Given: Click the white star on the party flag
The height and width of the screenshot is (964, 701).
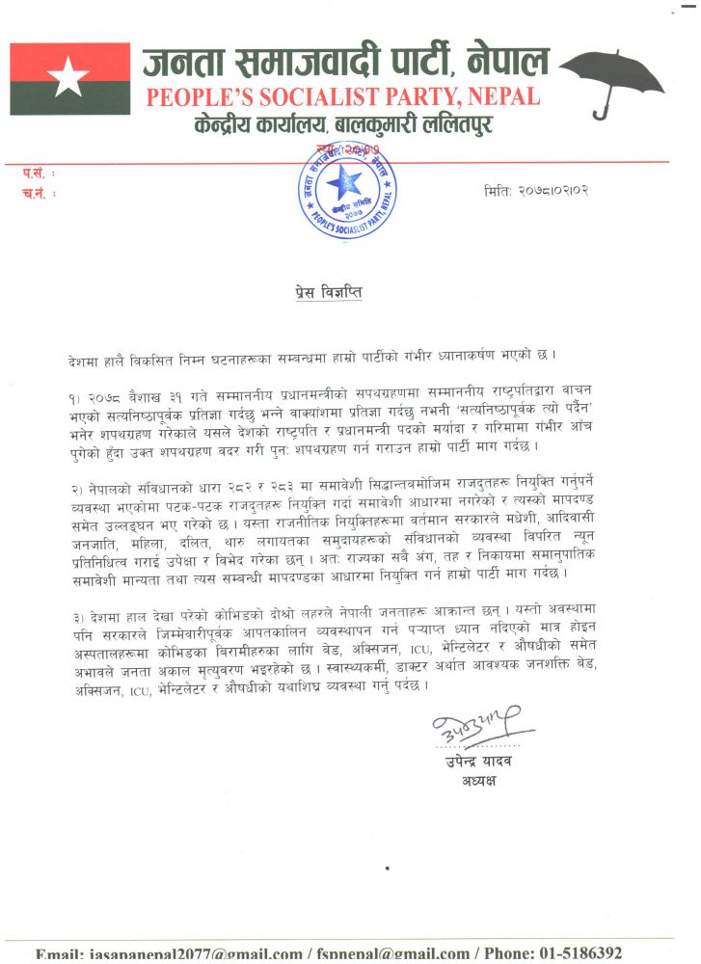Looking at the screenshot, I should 69,77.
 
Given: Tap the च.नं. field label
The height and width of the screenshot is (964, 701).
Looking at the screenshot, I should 38,193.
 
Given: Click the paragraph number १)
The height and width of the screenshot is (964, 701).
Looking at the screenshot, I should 75,397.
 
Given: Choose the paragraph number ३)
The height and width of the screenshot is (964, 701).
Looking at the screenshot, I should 75,613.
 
